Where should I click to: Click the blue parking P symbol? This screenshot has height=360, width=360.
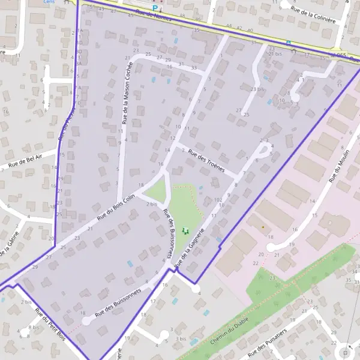155,8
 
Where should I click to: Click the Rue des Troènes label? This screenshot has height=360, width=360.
206,161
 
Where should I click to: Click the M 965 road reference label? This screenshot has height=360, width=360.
339,56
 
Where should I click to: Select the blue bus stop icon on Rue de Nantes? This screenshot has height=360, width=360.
289,43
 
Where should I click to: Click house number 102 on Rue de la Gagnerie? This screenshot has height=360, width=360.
217,199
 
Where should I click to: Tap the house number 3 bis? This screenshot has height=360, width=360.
181,339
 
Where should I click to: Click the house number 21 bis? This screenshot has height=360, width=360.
275,54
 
